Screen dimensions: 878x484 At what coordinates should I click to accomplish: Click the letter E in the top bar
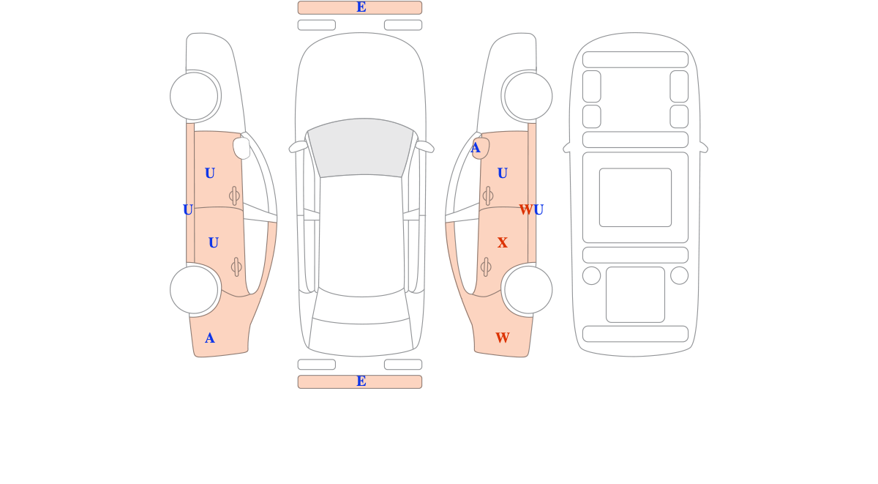pos(361,7)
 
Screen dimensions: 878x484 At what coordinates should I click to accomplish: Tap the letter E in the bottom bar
pos(361,381)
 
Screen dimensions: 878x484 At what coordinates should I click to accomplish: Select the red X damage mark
pos(502,243)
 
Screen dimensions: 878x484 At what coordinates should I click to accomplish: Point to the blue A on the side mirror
pos(475,148)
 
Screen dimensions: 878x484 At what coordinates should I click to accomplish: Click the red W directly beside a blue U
pos(525,210)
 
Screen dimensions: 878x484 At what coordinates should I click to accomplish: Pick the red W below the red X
pos(503,338)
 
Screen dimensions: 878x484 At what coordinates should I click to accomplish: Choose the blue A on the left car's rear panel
pos(210,338)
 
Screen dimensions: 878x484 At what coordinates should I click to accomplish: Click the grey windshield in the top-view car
pos(361,147)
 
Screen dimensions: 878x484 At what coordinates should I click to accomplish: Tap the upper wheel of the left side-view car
pos(194,96)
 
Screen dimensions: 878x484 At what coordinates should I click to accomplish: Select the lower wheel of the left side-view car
pos(194,290)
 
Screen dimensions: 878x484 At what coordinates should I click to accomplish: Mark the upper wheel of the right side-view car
pos(528,96)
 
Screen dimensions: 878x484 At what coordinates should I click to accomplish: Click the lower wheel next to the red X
pos(528,290)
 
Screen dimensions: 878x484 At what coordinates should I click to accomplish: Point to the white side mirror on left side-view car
pos(241,148)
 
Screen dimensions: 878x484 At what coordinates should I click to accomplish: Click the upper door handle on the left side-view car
pos(234,196)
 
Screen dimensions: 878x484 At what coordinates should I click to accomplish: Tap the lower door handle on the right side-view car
pos(486,267)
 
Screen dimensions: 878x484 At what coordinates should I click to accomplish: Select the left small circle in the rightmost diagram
pos(591,275)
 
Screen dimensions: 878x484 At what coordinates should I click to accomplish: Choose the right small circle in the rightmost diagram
pos(679,275)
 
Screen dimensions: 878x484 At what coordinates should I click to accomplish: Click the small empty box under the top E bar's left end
pos(317,25)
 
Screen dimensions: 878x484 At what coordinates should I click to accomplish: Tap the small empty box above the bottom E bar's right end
pos(403,365)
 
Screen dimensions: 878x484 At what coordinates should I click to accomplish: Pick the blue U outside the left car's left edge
pos(188,210)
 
